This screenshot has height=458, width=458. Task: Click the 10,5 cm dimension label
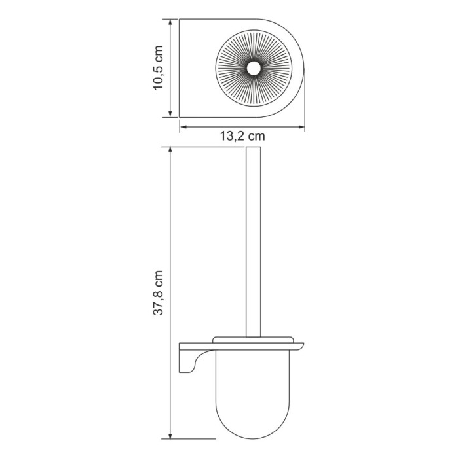(158, 69)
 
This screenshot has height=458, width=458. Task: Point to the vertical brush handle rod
(252, 242)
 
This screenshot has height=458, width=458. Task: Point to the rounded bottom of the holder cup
(252, 432)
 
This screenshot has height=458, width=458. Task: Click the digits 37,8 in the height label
(158, 302)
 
